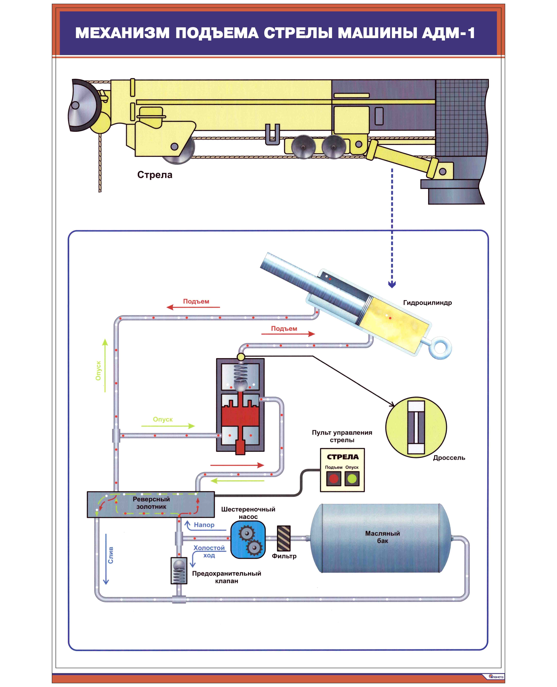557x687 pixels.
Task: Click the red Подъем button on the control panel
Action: coord(334,479)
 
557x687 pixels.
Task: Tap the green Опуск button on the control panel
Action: coord(352,479)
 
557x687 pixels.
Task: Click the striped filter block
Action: coord(284,538)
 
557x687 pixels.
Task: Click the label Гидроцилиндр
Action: coord(427,303)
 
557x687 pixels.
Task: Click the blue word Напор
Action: coord(204,525)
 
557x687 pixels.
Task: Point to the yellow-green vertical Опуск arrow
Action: coord(105,365)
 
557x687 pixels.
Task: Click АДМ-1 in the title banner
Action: coord(449,33)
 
